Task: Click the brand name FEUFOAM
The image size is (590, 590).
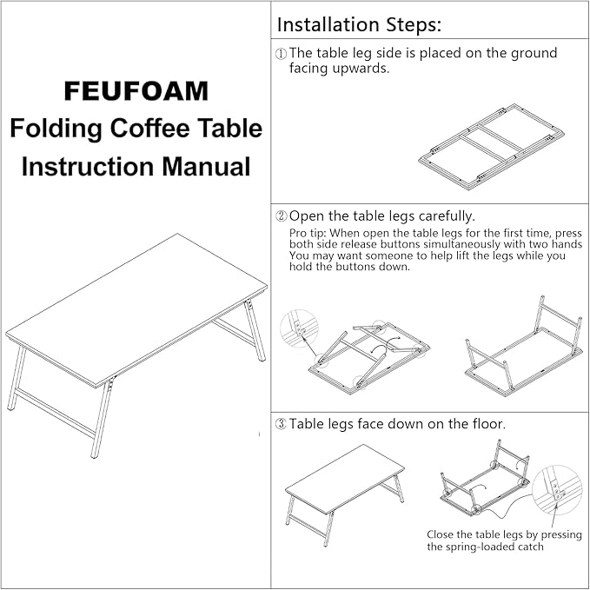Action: coord(135,91)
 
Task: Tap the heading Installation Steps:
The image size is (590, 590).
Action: coord(359,23)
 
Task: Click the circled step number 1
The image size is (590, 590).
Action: coord(281,54)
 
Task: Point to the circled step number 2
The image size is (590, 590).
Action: coord(281,215)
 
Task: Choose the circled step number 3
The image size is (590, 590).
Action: coord(281,424)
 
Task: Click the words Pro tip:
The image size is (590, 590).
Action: coord(308,235)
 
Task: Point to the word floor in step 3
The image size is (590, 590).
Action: coord(485,424)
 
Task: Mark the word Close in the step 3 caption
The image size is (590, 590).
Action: coord(442,534)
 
